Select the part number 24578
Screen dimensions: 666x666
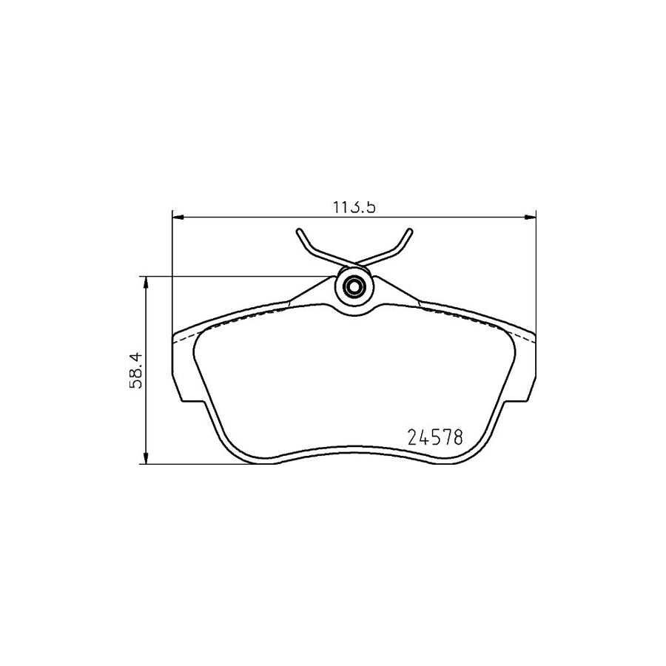point(436,437)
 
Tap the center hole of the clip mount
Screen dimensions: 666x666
point(354,286)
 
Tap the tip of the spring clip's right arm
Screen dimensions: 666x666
point(409,232)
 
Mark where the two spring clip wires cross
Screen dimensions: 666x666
point(354,263)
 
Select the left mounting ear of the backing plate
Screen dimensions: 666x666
point(181,370)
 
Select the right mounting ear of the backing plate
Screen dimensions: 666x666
point(526,370)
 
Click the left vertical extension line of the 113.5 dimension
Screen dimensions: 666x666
point(172,274)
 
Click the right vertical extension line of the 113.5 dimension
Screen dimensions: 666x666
point(535,274)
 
